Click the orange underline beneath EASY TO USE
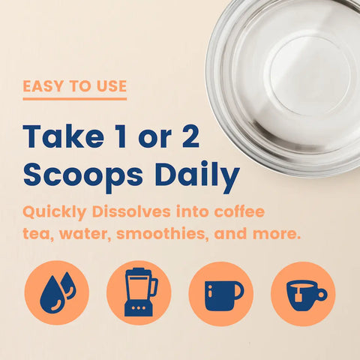pyautogui.click(x=75, y=99)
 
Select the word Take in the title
pyautogui.click(x=63, y=136)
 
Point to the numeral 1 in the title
pyautogui.click(x=121, y=136)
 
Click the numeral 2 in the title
pyautogui.click(x=190, y=136)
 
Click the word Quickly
pyautogui.click(x=55, y=213)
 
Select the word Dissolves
pyautogui.click(x=131, y=211)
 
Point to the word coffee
pyautogui.click(x=239, y=211)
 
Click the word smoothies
pyautogui.click(x=162, y=234)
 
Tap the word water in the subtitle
pyautogui.click(x=85, y=235)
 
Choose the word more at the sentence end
pyautogui.click(x=276, y=235)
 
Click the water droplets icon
pyautogui.click(x=57, y=292)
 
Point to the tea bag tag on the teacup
pyautogui.click(x=298, y=297)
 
